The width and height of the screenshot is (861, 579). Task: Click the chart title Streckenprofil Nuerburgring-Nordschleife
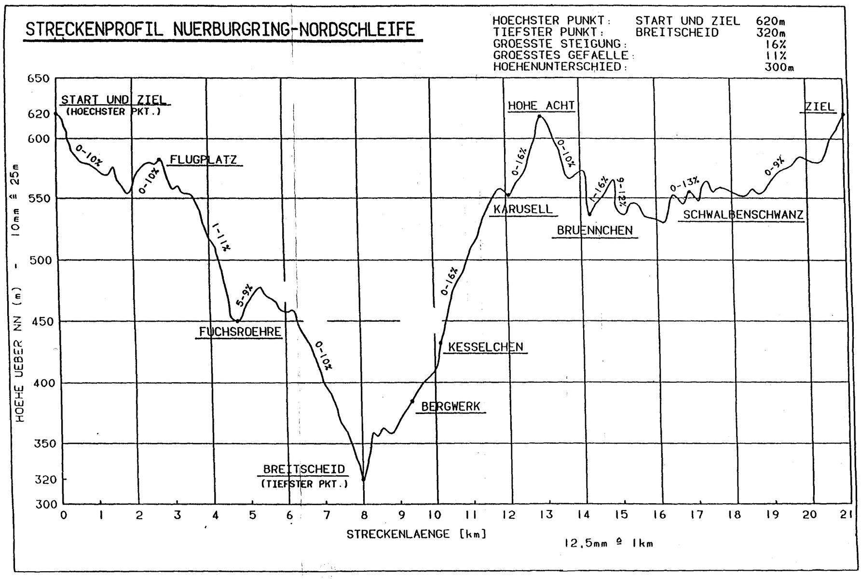pyautogui.click(x=220, y=29)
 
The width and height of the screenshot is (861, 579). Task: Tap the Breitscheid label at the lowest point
pyautogui.click(x=304, y=469)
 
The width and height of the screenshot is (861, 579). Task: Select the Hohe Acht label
pyautogui.click(x=541, y=106)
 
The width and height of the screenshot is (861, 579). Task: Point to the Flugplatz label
pyautogui.click(x=204, y=160)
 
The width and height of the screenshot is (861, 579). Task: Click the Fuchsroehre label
pyautogui.click(x=240, y=332)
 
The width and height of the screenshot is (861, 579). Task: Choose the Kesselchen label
pyautogui.click(x=485, y=347)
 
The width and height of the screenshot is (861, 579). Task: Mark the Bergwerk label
pyautogui.click(x=451, y=407)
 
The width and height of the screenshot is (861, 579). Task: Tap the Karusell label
pyautogui.click(x=523, y=210)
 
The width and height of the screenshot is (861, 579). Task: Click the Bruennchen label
pyautogui.click(x=595, y=231)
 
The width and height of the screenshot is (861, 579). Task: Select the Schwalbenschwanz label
pyautogui.click(x=743, y=215)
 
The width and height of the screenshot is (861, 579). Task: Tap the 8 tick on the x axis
pyautogui.click(x=364, y=515)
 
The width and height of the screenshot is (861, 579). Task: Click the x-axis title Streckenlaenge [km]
pyautogui.click(x=416, y=534)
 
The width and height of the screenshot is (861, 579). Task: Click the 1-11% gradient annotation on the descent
pyautogui.click(x=221, y=237)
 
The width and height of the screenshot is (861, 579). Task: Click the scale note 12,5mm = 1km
pyautogui.click(x=609, y=543)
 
